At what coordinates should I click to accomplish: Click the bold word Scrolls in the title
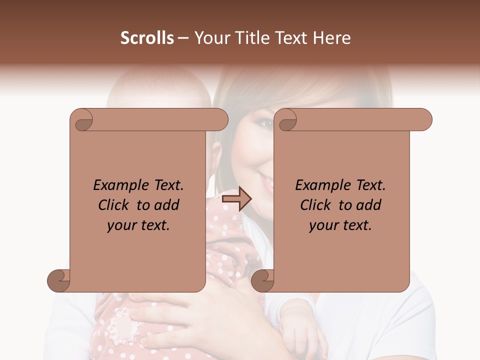147,38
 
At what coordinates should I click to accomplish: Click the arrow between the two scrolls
236,199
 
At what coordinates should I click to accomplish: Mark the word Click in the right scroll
315,205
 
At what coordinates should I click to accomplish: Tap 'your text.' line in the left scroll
138,225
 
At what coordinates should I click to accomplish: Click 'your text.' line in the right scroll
340,225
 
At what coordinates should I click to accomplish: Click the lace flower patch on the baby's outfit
122,324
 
